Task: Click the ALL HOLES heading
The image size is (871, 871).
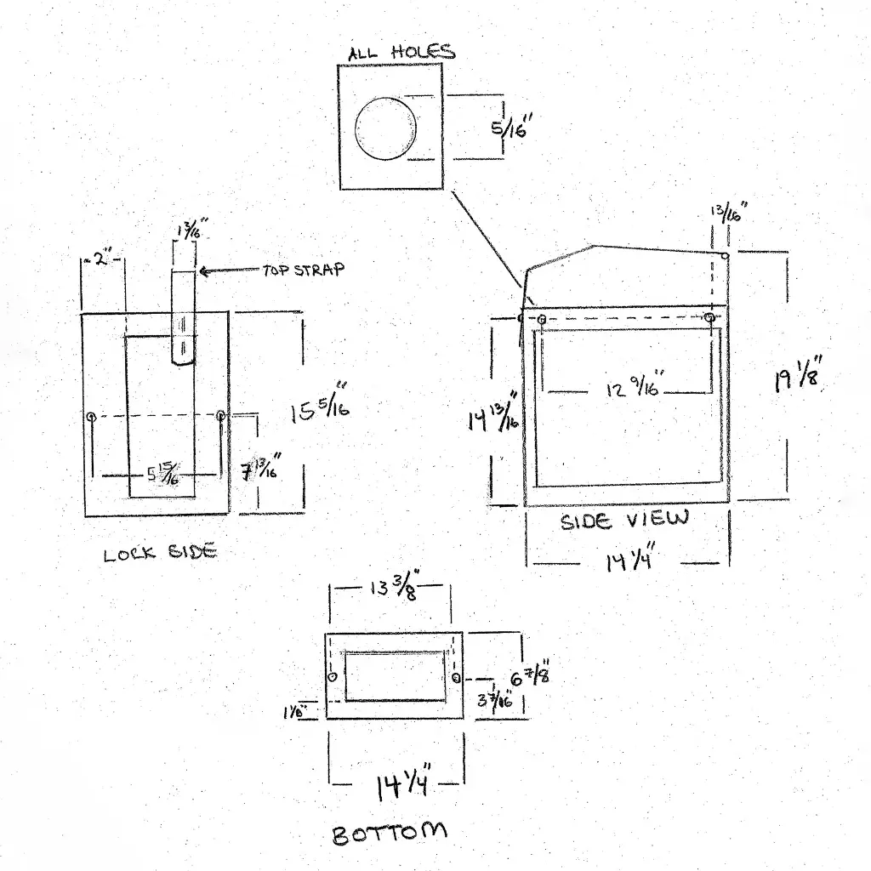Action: [401, 52]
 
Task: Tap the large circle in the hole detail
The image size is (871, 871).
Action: [385, 128]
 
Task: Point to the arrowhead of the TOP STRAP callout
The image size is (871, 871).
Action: [202, 271]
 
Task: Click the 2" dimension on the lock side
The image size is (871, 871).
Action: [103, 259]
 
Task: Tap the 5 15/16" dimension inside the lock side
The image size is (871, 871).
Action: [162, 475]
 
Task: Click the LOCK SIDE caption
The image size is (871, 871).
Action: [160, 554]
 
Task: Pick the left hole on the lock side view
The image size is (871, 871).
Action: [91, 416]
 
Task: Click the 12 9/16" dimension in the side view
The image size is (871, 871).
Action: [634, 390]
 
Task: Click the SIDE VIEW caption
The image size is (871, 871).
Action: [623, 520]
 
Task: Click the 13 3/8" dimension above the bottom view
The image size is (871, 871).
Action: [393, 589]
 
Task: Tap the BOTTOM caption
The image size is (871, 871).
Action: [389, 833]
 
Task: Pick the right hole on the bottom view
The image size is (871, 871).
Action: [457, 678]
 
